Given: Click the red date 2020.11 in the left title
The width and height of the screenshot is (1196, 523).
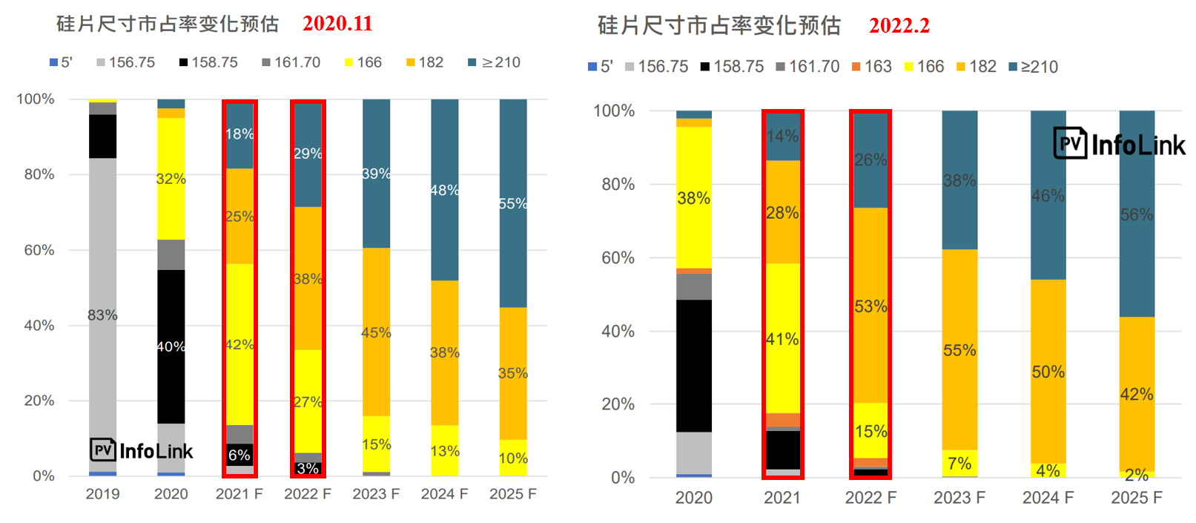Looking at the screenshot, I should tap(337, 24).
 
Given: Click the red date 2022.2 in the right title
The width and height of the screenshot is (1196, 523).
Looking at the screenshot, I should tap(899, 26).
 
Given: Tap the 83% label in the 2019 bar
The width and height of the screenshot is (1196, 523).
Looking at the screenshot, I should tap(102, 315).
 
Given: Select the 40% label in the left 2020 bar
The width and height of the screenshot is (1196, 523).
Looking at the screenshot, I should tap(171, 346).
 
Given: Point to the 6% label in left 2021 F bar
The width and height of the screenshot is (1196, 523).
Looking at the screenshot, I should tap(239, 455).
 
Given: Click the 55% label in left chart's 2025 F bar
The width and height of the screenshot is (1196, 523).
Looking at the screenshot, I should tap(513, 203).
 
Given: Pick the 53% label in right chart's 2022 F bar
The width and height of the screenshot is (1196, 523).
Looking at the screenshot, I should tap(870, 306).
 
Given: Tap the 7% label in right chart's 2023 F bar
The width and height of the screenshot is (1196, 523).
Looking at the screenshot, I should tap(959, 464).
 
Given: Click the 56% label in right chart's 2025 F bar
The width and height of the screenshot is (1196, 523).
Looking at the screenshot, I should tap(1137, 215).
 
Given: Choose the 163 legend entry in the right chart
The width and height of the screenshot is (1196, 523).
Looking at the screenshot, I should tap(872, 67).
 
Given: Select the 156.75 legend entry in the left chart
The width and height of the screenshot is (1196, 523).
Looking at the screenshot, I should tap(126, 62).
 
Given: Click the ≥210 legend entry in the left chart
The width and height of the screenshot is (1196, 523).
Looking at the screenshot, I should tap(495, 62).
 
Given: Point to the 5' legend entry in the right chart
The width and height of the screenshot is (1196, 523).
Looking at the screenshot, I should tap(601, 67).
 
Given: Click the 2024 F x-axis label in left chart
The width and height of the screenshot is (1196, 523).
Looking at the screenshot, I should tap(444, 494).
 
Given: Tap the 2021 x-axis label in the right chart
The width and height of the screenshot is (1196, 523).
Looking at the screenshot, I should tap(782, 498).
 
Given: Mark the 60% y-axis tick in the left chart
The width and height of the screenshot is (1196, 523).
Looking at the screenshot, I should tap(39, 250).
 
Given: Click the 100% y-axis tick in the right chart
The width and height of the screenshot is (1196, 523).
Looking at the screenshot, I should tap(614, 111).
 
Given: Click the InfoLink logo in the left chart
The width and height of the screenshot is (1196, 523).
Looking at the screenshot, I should tap(142, 450).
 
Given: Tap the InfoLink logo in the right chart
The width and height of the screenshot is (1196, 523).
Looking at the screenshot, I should tap(1120, 145).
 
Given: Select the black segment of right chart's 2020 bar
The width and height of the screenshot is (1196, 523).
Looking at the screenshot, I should tap(694, 366).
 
